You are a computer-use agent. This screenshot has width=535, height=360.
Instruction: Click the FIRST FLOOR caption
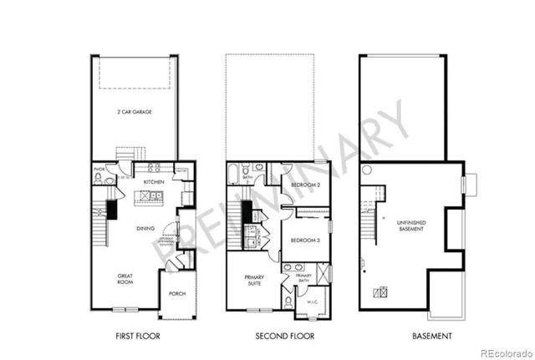136,336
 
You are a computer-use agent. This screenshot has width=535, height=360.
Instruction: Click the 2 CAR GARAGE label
135,110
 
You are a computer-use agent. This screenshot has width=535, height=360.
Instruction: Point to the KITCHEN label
153,181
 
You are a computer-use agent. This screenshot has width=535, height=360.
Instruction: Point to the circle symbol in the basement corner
365,170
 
